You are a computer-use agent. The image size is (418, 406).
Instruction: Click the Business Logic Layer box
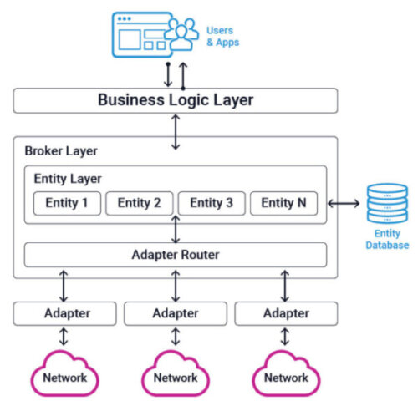pos(176,100)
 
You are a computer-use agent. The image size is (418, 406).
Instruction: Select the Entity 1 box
pos(67,203)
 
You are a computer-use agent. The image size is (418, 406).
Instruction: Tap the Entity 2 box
pos(139,203)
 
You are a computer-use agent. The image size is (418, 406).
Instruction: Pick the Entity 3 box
pos(212,203)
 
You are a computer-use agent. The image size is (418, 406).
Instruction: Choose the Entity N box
pos(283,203)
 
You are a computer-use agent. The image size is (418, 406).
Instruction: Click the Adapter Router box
pos(176,254)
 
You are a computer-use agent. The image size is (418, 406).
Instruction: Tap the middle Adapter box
pos(176,314)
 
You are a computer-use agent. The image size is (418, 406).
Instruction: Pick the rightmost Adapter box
pos(286,314)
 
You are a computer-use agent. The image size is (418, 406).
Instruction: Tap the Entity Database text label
pos(387,240)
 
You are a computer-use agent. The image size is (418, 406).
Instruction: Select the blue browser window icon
pos(138,33)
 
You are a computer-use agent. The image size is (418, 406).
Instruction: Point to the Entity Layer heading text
pos(68,178)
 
